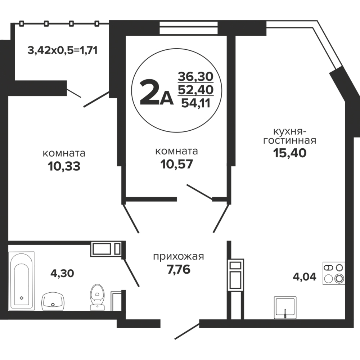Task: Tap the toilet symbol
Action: click(97, 297)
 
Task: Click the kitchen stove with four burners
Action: click(334, 273)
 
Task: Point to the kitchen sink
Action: click(285, 307)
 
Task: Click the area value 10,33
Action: click(64, 166)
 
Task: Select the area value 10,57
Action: click(176, 164)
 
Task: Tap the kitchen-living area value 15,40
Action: click(290, 153)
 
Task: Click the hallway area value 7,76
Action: click(179, 269)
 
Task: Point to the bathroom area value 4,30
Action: click(62, 274)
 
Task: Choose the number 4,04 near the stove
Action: click(305, 277)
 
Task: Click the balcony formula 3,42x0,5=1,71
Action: click(63, 50)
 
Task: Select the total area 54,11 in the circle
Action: click(196, 103)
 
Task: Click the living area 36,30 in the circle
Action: click(195, 76)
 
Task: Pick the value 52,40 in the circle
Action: click(196, 90)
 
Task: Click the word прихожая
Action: click(179, 257)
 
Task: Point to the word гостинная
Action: click(290, 140)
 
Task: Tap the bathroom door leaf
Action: click(131, 272)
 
